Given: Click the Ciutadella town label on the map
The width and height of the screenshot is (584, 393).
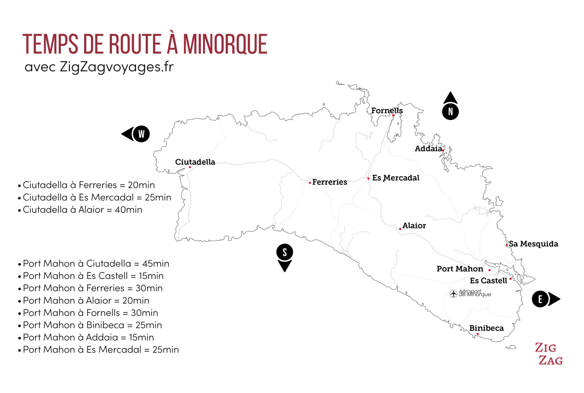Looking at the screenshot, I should point(195,162).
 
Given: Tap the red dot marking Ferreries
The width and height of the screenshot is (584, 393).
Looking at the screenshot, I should point(310,183).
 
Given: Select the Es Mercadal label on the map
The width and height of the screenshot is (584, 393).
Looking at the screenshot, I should point(395,178).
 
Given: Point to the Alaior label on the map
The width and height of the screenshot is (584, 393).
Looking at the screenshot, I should point(414,226).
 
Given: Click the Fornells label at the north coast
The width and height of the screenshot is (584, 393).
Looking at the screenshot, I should point(387,111).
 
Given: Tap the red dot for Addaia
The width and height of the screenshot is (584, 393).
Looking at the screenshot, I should point(443,151).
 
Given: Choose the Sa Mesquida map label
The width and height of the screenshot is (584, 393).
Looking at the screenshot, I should point(533,244).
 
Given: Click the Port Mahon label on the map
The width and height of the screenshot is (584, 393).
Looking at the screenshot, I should point(460,269).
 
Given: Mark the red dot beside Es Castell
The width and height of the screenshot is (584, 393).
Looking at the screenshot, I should point(510,279).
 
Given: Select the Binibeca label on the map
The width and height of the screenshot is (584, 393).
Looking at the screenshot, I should point(486,328).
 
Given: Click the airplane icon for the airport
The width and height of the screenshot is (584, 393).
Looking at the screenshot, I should point(453,294).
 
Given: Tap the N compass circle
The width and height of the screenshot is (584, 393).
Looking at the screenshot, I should point(451,111).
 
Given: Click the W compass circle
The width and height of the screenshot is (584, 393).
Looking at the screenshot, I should point(141,134).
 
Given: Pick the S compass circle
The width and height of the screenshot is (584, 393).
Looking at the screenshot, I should point(284,252).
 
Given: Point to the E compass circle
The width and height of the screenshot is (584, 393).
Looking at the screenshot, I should point(540,299).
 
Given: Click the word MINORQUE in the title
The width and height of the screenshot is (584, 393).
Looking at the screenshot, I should point(225,45).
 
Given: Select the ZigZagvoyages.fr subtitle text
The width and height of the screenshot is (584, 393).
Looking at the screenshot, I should point(116,67).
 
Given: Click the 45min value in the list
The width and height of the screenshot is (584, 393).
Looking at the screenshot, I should point(156,264).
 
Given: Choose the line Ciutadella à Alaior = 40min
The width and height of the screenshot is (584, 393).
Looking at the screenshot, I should point(82,210).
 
